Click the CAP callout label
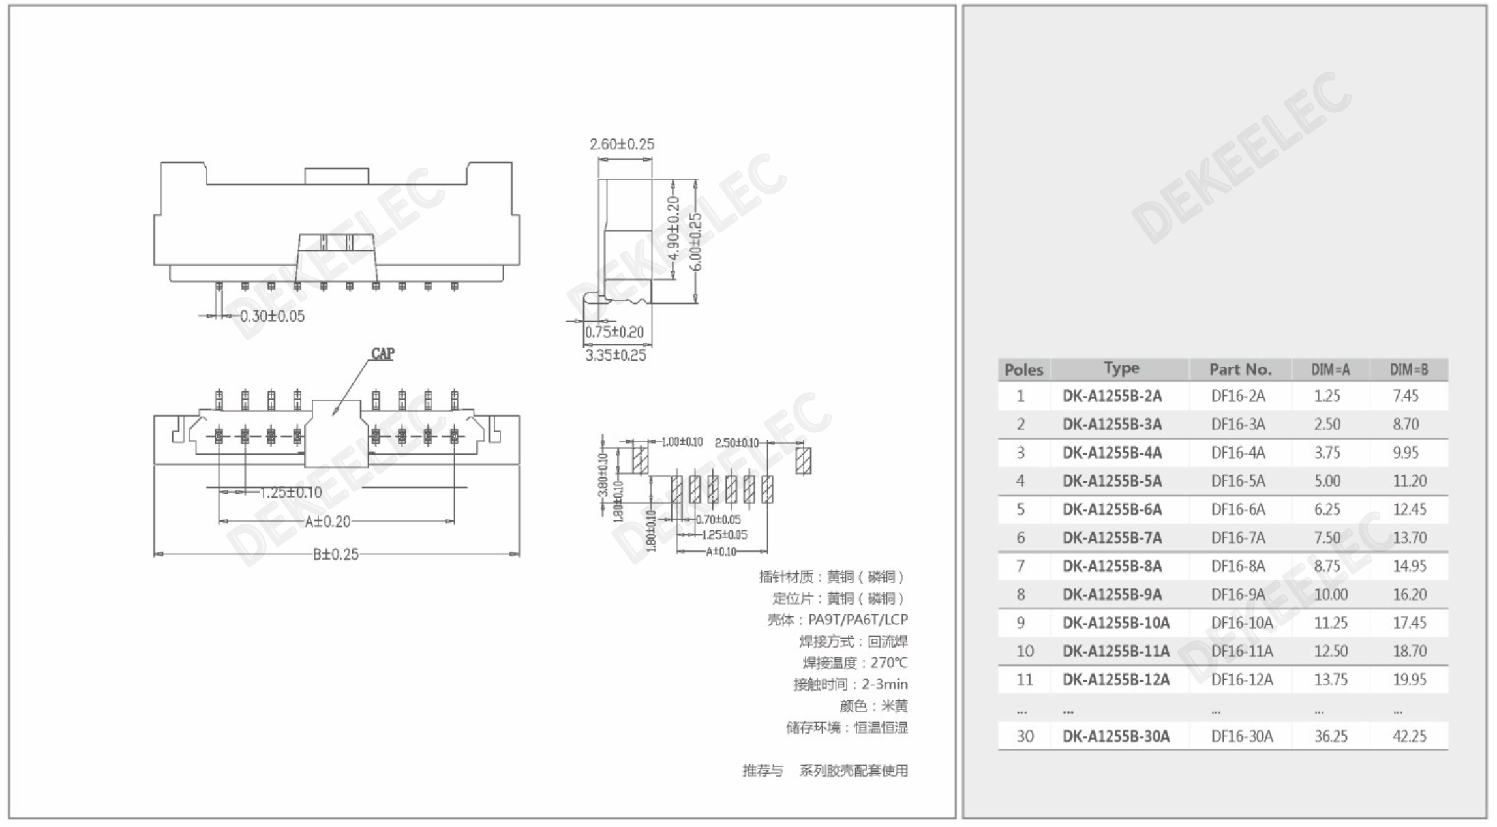coord(383,353)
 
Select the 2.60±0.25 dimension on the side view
coord(622,144)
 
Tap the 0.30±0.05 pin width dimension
coord(272,316)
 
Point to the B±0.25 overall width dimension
coord(335,554)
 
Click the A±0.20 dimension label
coord(327,522)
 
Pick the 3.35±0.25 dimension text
coord(615,355)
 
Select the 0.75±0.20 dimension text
coord(614,333)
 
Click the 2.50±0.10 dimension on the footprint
coord(736,443)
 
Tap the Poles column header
coord(1023,370)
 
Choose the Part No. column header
coord(1240,370)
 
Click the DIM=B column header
coord(1408,370)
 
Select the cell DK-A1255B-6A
coord(1111,509)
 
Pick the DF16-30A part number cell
coord(1241,736)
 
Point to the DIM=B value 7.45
coord(1405,396)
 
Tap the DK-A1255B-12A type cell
coord(1115,680)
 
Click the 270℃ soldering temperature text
coord(888,663)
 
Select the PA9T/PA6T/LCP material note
coord(857,620)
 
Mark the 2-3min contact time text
coord(884,685)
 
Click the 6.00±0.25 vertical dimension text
coord(695,242)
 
